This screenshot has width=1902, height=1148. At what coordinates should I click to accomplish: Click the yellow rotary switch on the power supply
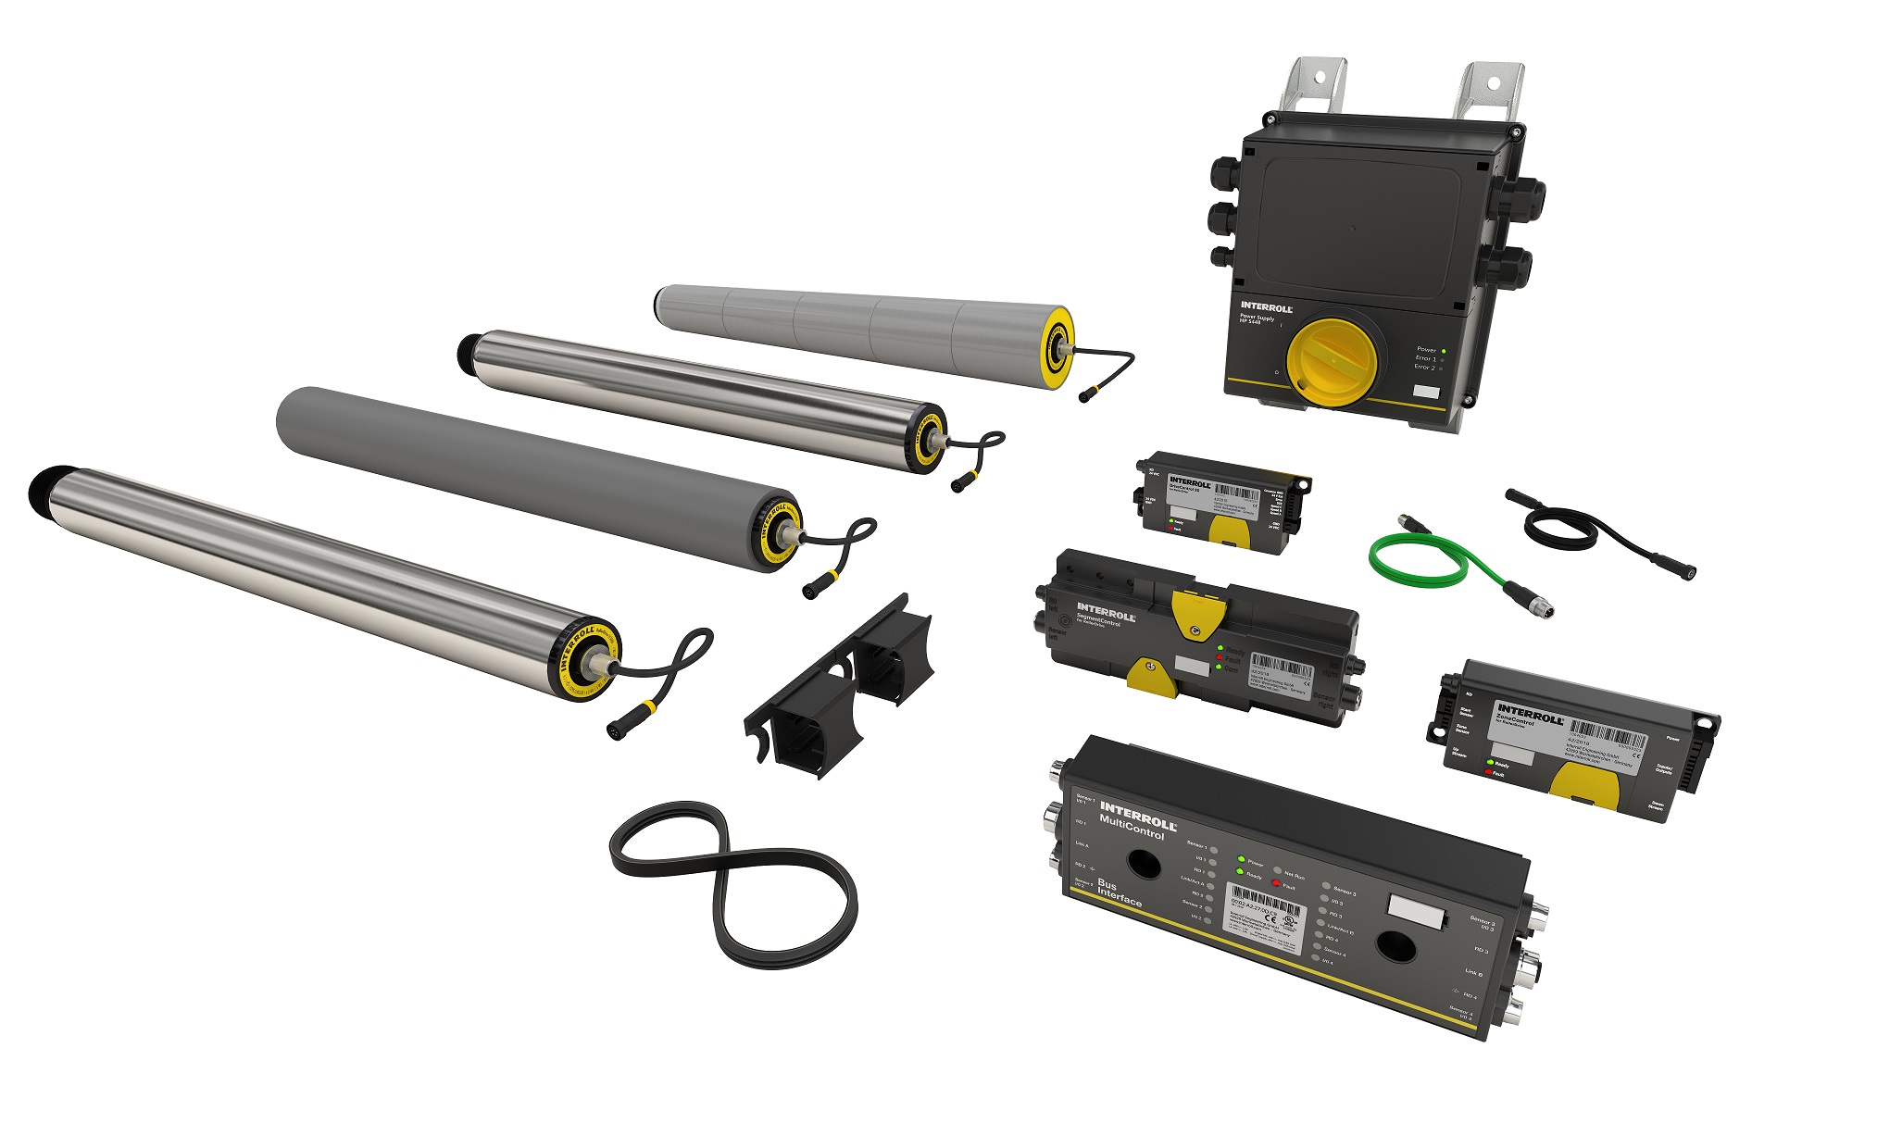click(1334, 362)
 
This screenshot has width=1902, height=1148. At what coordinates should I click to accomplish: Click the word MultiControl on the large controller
click(1131, 827)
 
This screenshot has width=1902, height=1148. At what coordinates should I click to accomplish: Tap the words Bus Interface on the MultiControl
click(1117, 893)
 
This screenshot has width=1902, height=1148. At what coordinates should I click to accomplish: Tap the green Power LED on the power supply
click(1444, 350)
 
